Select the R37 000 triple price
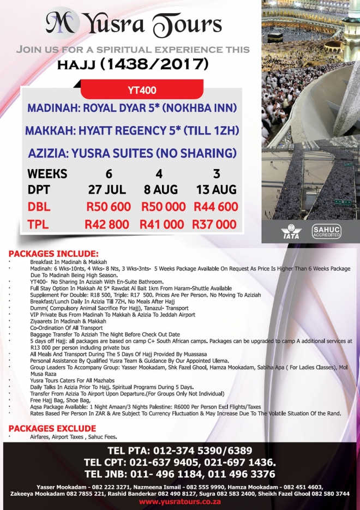click(214, 225)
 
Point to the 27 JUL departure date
click(107, 190)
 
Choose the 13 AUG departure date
click(217, 190)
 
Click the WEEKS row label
click(47, 175)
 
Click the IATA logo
click(291, 231)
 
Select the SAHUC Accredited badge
click(326, 231)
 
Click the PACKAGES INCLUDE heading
click(53, 254)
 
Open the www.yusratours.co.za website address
click(179, 502)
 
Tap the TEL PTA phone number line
click(180, 451)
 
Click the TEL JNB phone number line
click(180, 473)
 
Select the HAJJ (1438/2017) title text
click(133, 64)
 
